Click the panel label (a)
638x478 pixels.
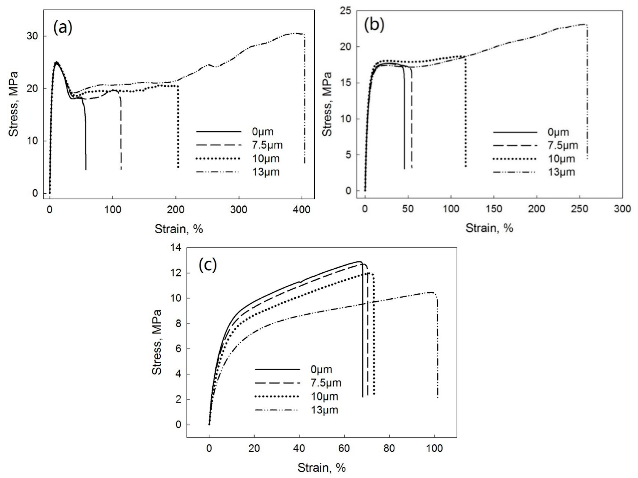tap(63, 28)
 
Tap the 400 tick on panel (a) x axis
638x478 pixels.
tap(301, 210)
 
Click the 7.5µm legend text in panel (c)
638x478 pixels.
tap(326, 383)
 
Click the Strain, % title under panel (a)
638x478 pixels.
tap(179, 229)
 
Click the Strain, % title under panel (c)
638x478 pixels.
tap(322, 468)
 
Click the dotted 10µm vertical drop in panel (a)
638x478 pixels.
tap(178, 127)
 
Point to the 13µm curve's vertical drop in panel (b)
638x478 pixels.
tap(587, 95)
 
